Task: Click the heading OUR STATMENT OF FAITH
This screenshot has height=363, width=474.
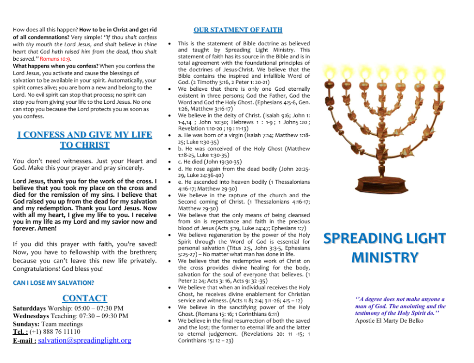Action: pos(237,30)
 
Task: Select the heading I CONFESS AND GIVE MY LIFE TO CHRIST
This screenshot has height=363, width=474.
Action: pos(85,140)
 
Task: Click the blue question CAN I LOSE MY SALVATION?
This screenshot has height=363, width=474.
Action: pos(54,282)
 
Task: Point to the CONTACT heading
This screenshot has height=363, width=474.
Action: pos(85,298)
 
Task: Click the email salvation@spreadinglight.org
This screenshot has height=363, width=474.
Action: pos(84,340)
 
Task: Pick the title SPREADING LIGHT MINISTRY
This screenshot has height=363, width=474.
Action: pos(384,248)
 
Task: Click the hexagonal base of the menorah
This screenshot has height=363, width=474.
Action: pos(384,185)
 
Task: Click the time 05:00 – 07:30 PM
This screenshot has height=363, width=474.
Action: pos(97,308)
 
